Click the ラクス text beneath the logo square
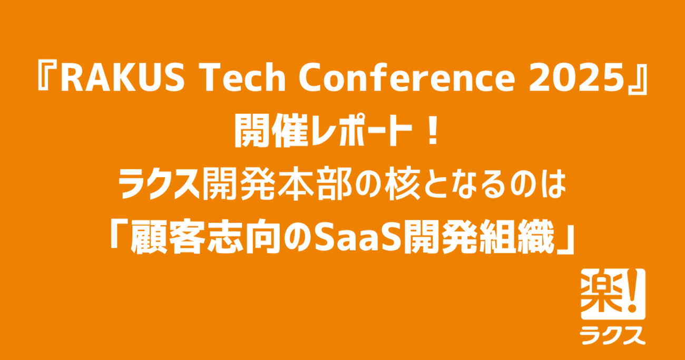point(612,335)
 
